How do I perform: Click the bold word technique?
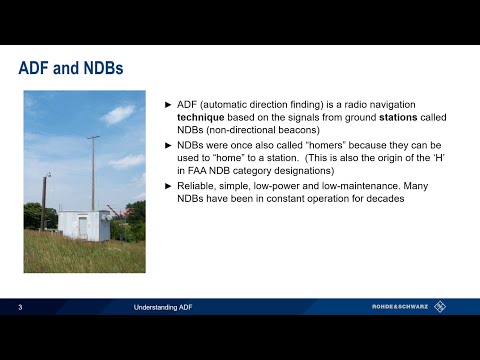(198, 119)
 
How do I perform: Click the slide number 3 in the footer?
(20, 307)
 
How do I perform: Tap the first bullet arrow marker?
(168, 105)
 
